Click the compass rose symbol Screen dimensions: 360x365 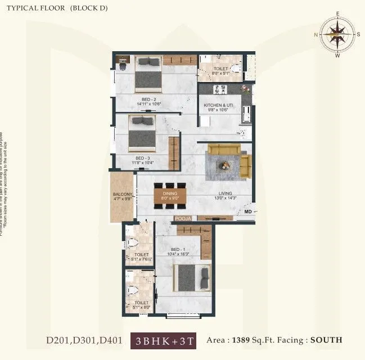[337, 33]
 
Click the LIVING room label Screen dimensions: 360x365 [225, 193]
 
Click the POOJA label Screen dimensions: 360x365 [183, 218]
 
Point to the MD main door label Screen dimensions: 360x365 [247, 211]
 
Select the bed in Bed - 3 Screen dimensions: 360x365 [142, 134]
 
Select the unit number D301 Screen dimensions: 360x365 [84, 340]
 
